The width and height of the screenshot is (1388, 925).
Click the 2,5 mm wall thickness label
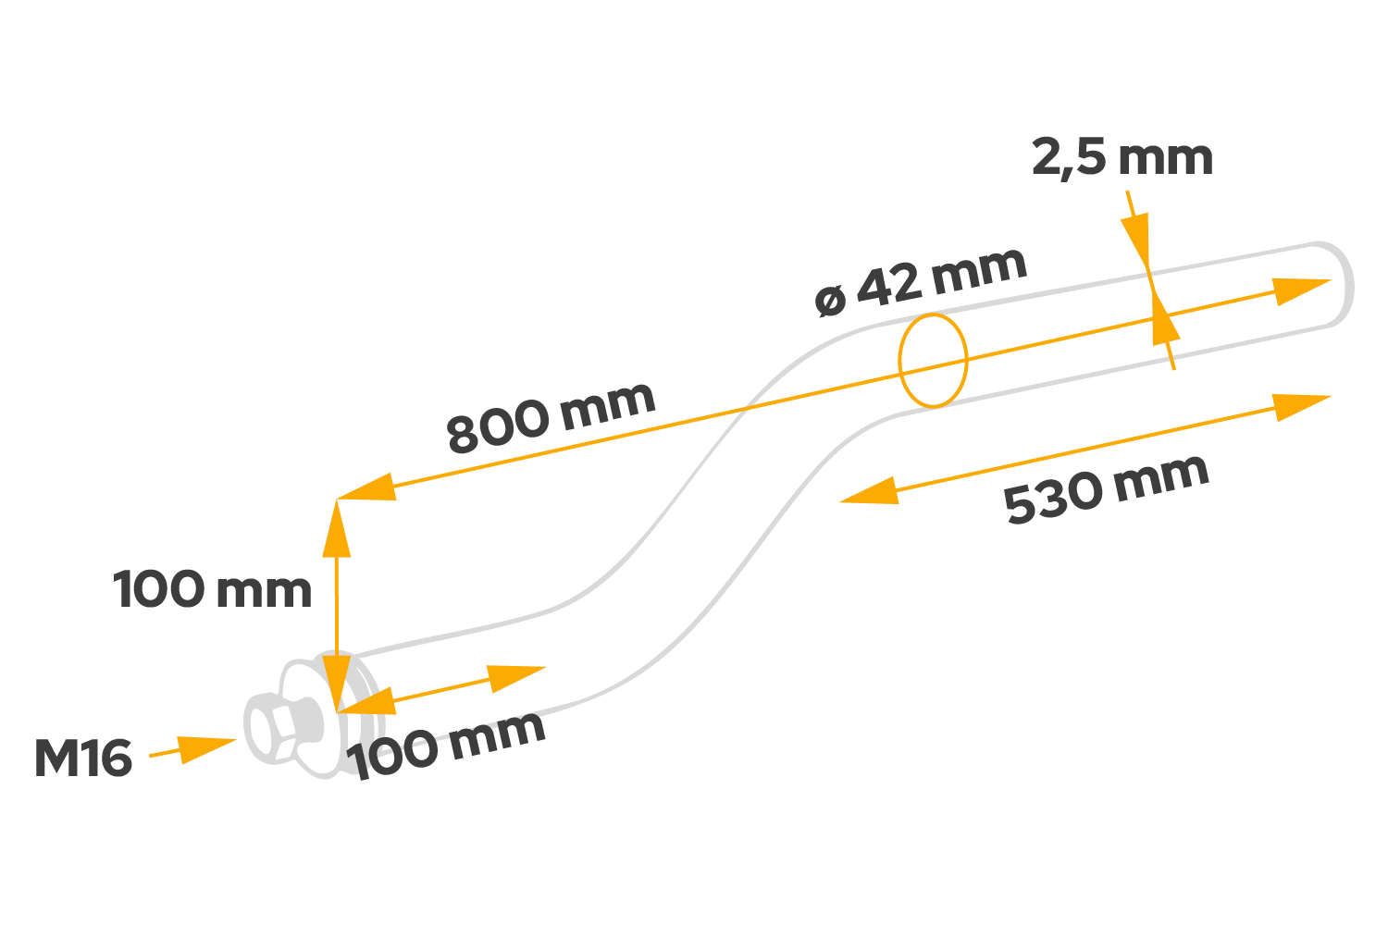click(x=1122, y=158)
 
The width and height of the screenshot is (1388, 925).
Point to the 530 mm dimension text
click(x=1107, y=489)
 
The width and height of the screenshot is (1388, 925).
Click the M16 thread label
click(x=83, y=758)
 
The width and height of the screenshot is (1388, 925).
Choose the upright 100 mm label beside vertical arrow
click(x=213, y=590)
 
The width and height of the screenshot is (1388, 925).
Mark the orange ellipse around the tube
click(x=934, y=360)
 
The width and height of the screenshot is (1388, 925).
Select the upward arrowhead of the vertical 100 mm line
click(x=336, y=527)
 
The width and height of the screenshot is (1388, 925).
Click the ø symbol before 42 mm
click(x=831, y=300)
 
